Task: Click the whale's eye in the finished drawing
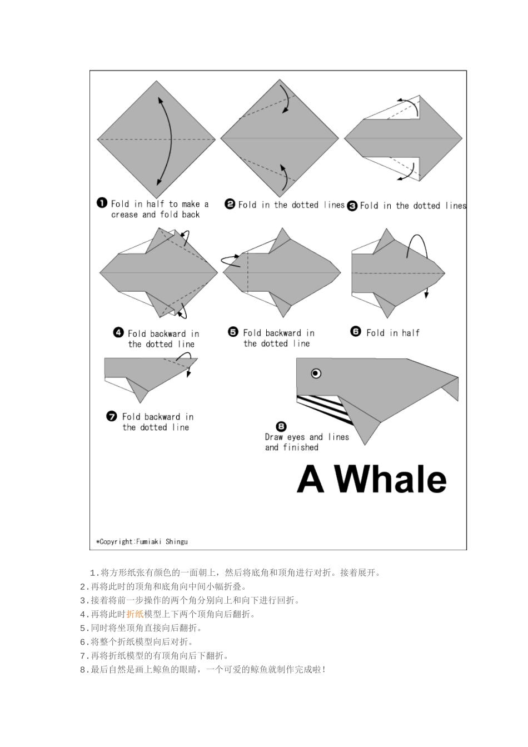[x=316, y=373]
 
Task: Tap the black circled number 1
[x=102, y=203]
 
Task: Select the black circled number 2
[x=230, y=204]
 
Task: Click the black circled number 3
[x=352, y=206]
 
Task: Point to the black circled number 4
[x=118, y=332]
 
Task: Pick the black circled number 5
[x=233, y=332]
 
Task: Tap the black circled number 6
[x=356, y=331]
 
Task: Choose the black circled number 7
[x=112, y=416]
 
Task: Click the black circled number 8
[x=281, y=426]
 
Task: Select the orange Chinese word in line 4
[x=135, y=614]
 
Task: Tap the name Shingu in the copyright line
[x=176, y=541]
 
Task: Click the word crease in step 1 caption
[x=124, y=215]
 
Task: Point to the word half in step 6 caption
[x=410, y=332]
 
